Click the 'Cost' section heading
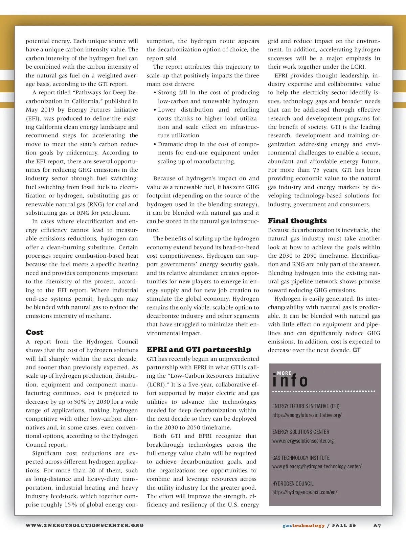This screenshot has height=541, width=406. [x=35, y=332]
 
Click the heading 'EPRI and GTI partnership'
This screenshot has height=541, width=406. [x=199, y=350]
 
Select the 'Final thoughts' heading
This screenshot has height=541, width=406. [x=297, y=221]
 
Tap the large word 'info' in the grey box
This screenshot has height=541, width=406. [x=290, y=381]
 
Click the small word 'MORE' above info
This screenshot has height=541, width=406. [x=284, y=373]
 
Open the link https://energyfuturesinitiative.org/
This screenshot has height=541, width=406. [x=307, y=415]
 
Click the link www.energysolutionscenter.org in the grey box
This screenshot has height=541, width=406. [x=303, y=441]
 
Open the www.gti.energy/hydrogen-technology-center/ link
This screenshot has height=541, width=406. [x=317, y=466]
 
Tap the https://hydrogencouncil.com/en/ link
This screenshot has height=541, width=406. [x=304, y=492]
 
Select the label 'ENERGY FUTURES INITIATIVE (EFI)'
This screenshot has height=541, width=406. [x=306, y=406]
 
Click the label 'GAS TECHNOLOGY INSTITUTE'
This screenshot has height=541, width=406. [x=301, y=458]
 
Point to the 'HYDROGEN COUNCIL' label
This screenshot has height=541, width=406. [x=293, y=484]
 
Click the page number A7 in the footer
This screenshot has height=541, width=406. [x=377, y=525]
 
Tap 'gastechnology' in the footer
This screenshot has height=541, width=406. [x=303, y=525]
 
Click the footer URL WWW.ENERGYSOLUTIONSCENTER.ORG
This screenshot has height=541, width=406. [x=85, y=525]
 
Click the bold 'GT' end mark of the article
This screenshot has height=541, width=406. [x=357, y=350]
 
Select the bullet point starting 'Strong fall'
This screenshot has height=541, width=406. [x=208, y=97]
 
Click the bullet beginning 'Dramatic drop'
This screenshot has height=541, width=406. [x=208, y=153]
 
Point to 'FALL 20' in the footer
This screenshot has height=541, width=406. [x=344, y=525]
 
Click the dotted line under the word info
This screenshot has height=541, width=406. [x=323, y=391]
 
